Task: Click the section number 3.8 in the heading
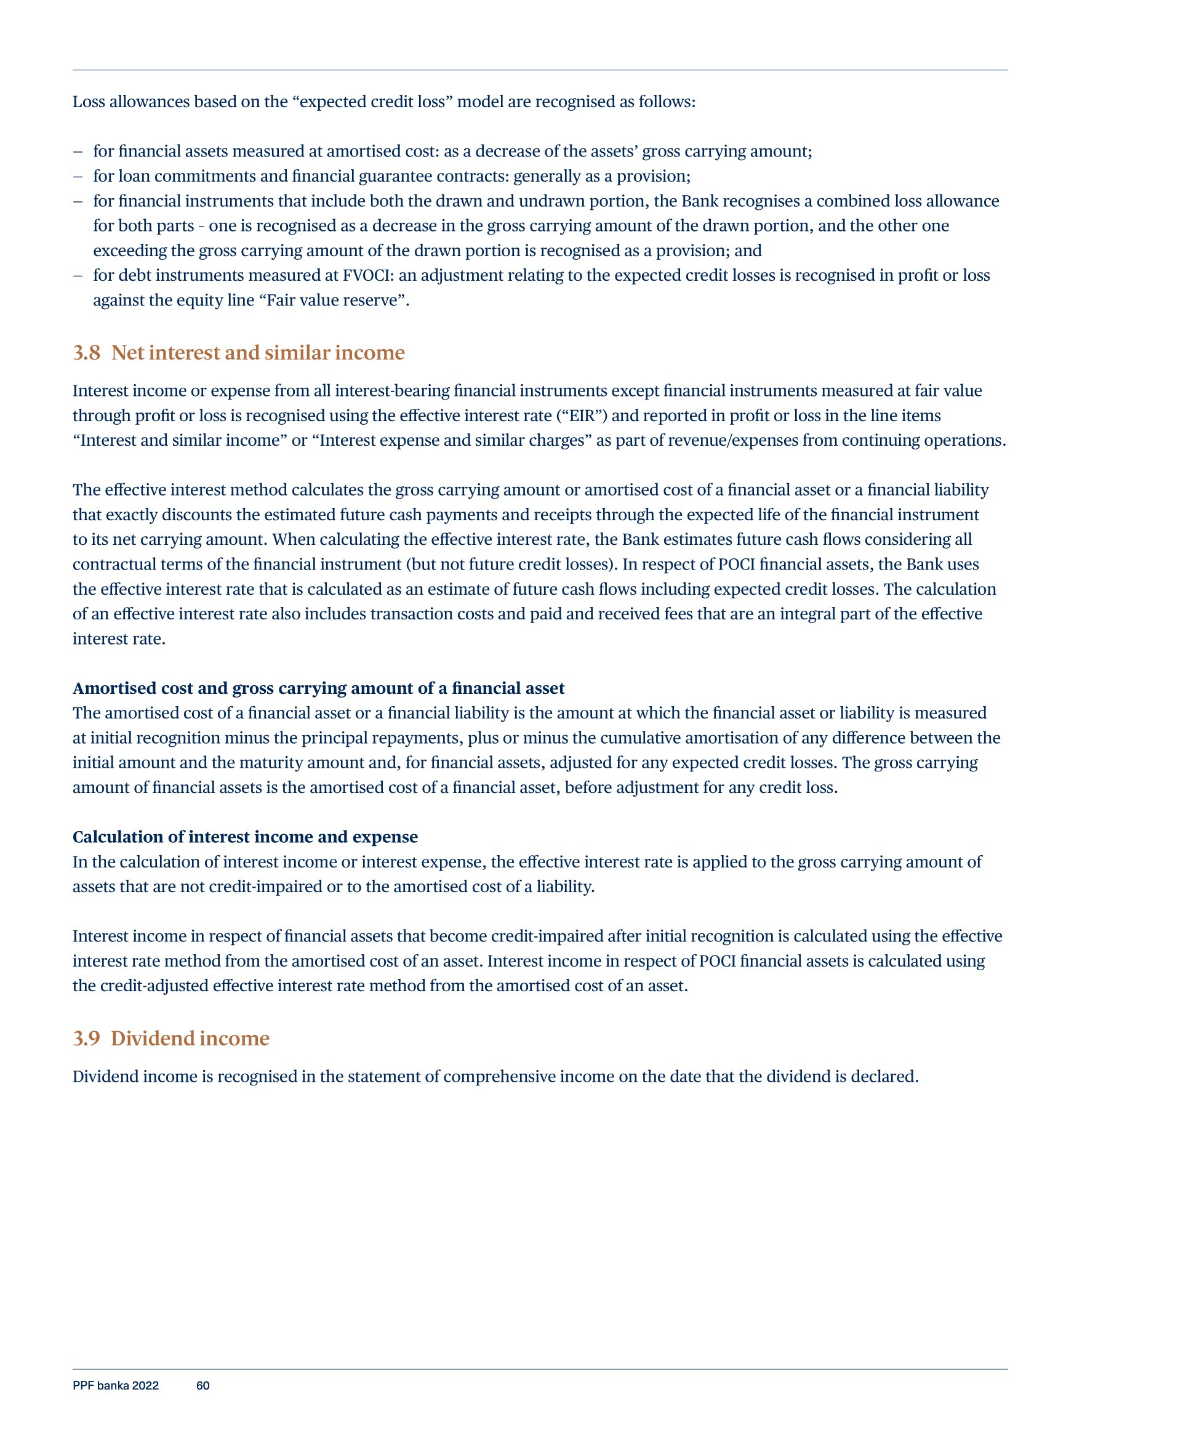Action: click(x=86, y=353)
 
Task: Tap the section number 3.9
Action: click(x=86, y=1039)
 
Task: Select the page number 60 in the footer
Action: click(x=202, y=1386)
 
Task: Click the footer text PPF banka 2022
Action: click(x=115, y=1386)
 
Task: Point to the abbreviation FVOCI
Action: click(x=365, y=276)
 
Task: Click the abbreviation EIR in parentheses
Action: click(x=582, y=416)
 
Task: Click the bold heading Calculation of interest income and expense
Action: click(x=245, y=837)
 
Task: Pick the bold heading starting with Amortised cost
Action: click(x=318, y=688)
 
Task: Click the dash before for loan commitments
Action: click(x=78, y=177)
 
